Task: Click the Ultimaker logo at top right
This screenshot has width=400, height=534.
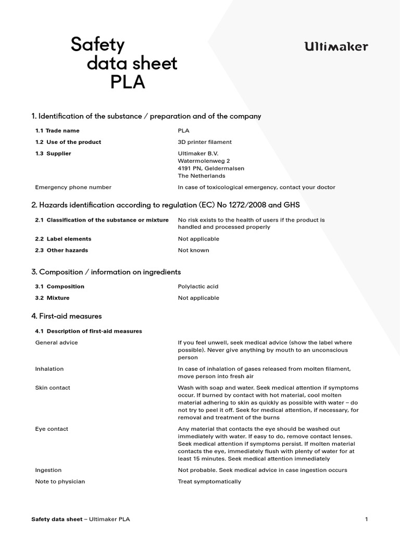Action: tap(336, 47)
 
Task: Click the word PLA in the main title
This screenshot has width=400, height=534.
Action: tap(128, 82)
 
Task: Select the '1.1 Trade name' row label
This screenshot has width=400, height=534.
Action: tap(57, 131)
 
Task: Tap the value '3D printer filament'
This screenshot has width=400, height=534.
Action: tap(205, 142)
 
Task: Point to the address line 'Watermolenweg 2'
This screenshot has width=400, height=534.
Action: tap(204, 161)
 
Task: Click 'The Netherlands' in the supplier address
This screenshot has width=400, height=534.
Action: tap(202, 176)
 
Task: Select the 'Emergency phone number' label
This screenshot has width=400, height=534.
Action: tap(73, 187)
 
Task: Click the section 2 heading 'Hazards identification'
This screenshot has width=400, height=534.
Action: tap(166, 205)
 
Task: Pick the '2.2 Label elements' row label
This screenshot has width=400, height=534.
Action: tap(63, 239)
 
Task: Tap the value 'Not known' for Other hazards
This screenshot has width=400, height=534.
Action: tap(193, 250)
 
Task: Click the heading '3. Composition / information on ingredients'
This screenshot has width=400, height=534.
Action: tap(106, 272)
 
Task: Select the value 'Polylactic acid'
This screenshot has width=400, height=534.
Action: tap(198, 287)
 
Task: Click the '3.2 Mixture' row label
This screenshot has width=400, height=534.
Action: tap(52, 298)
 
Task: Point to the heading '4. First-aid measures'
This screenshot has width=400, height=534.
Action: tap(67, 316)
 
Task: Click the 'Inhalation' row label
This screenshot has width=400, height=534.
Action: tap(49, 369)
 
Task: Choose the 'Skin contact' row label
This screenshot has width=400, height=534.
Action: tap(53, 388)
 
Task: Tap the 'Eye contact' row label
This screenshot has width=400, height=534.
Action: tap(52, 429)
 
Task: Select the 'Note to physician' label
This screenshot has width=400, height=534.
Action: tap(60, 482)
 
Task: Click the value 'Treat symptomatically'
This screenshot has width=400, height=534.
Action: tap(209, 482)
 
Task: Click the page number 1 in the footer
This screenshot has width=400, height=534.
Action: tap(367, 519)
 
